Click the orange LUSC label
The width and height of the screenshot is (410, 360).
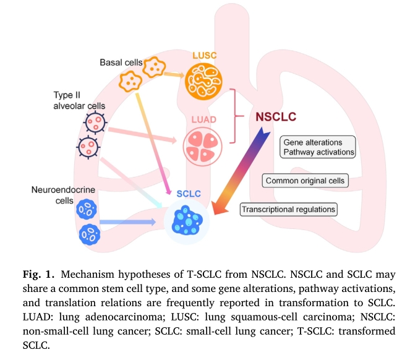(205, 56)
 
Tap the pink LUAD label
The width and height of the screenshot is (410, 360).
(203, 119)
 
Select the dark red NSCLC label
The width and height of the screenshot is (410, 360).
(276, 117)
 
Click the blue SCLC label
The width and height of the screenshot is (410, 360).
(189, 194)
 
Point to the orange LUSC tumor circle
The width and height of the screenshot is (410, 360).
(203, 81)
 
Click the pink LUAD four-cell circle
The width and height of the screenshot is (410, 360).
(203, 147)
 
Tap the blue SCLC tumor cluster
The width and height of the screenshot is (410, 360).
(187, 220)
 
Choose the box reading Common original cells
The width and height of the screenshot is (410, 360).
(305, 181)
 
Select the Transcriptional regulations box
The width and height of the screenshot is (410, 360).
(288, 209)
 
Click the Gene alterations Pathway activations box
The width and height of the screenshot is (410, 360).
(318, 147)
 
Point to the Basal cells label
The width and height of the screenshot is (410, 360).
(121, 62)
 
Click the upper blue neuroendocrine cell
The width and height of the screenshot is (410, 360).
(87, 209)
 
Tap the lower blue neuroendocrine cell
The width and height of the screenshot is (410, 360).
(90, 234)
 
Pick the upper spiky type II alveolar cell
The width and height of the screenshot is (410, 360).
(95, 122)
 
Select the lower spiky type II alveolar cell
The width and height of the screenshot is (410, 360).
(88, 147)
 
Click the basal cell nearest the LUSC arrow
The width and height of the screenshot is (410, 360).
(154, 67)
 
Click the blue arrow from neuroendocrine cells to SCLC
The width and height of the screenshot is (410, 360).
(127, 222)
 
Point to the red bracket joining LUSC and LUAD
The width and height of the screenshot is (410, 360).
(235, 116)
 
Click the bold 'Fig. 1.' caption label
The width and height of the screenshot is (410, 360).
(38, 274)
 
